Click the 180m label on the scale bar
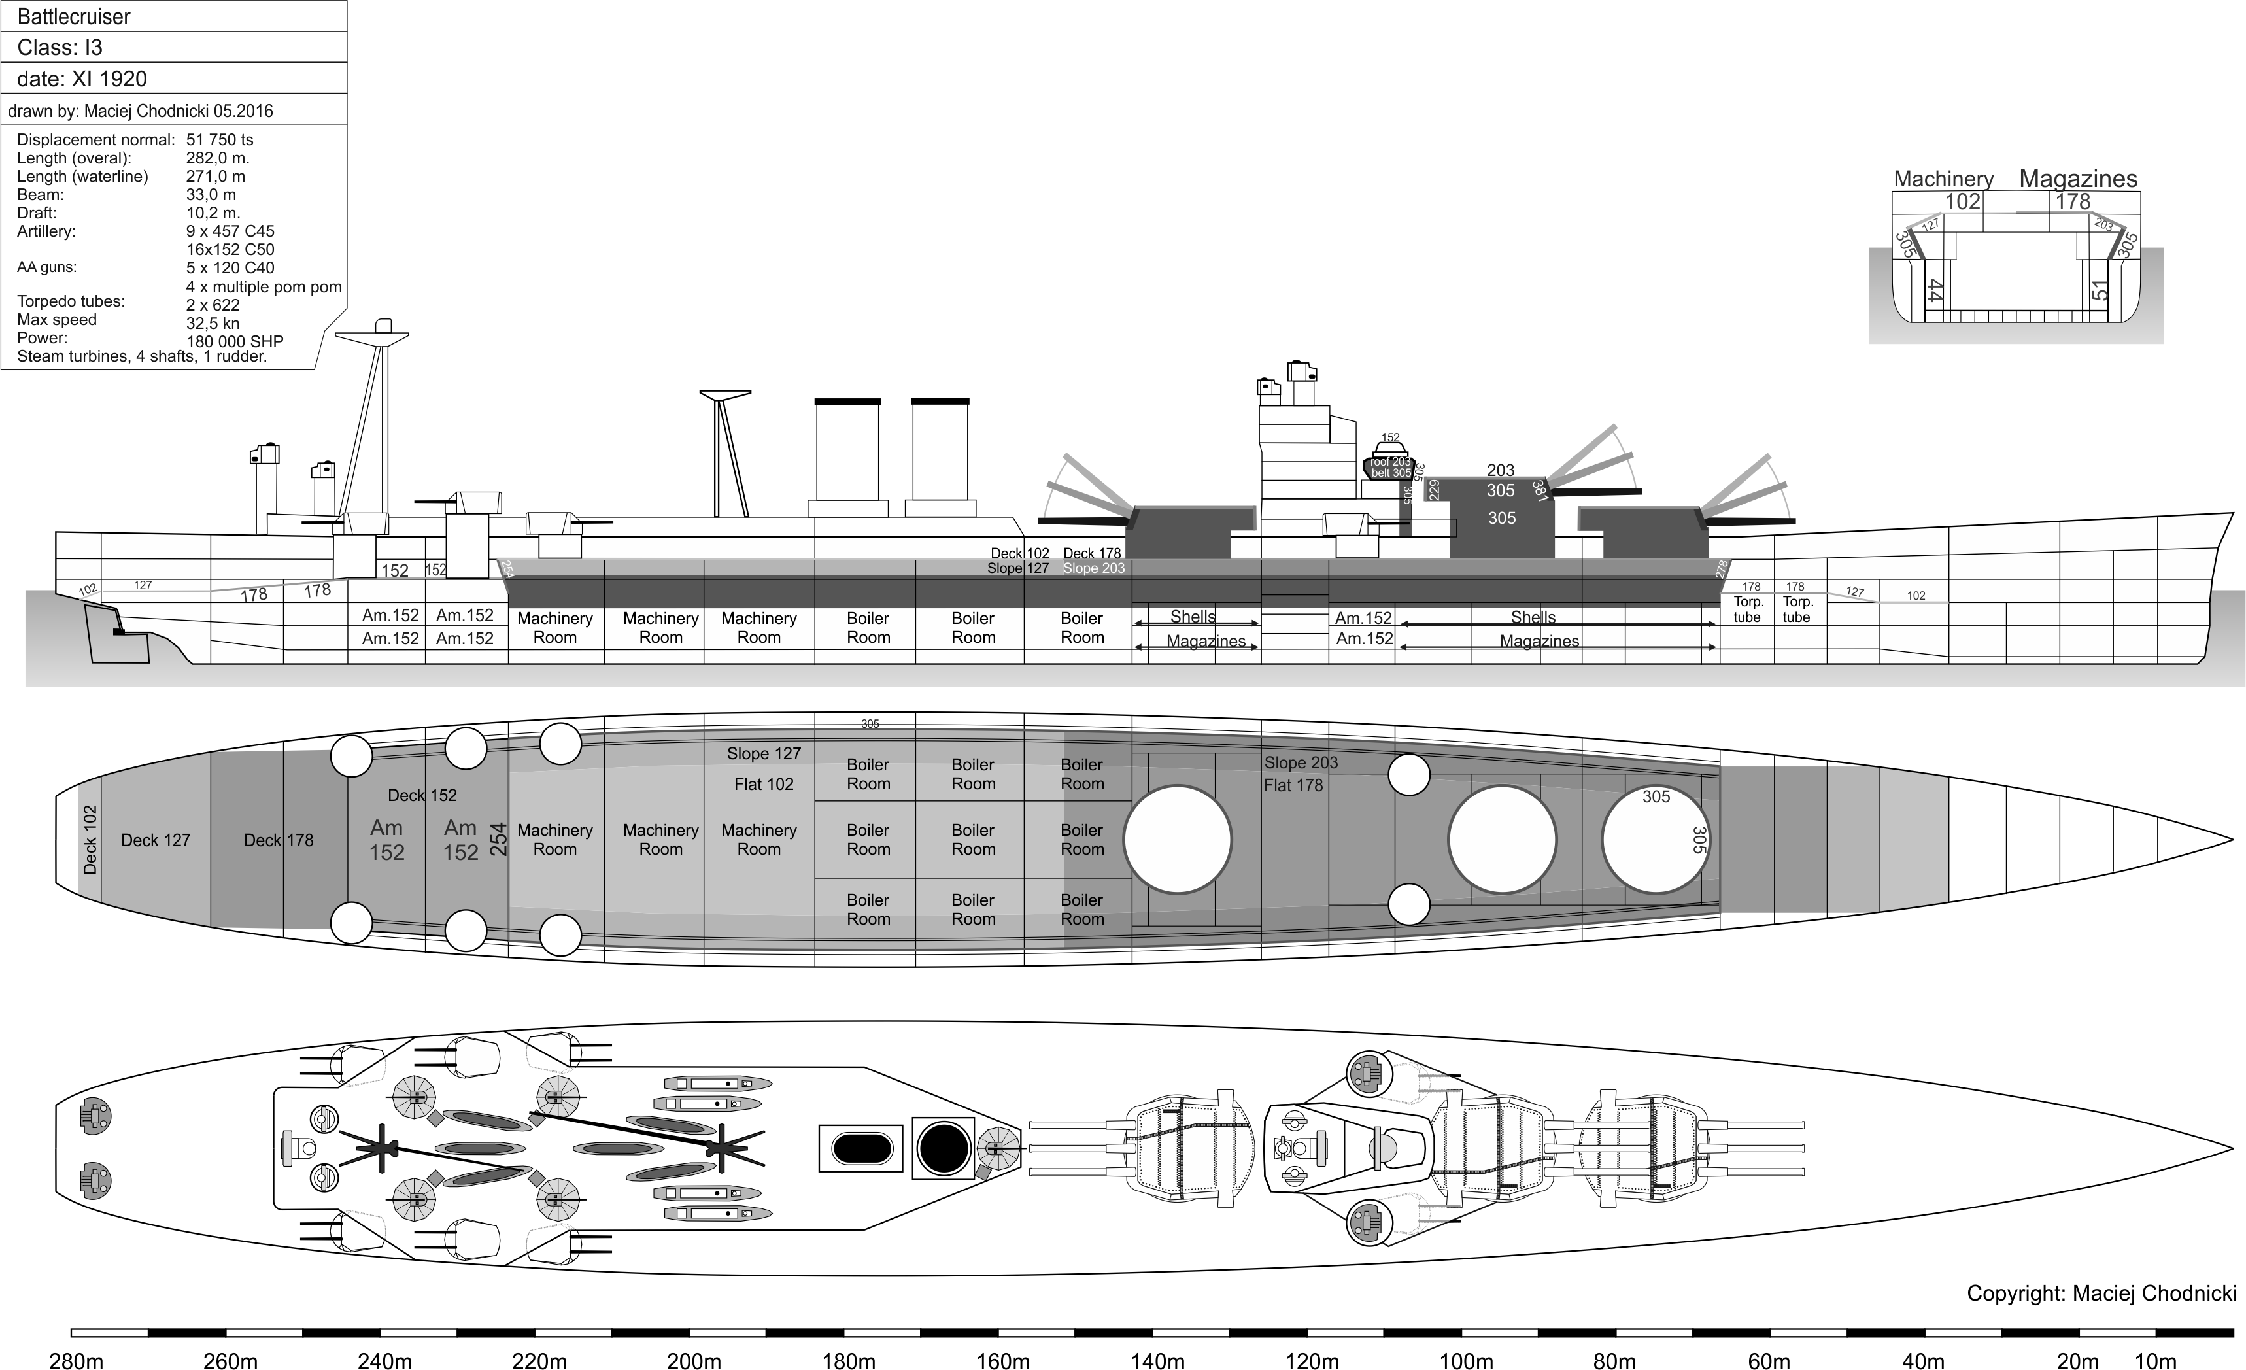(849, 1361)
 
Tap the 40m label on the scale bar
(1923, 1361)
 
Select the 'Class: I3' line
(60, 47)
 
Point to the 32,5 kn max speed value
(213, 322)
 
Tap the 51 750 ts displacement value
(220, 139)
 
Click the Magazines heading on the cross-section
(2078, 179)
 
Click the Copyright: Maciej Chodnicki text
(2101, 1293)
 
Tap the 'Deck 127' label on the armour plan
(156, 840)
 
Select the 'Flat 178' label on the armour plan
(1293, 785)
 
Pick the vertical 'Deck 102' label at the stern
(90, 840)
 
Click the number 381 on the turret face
(1540, 490)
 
